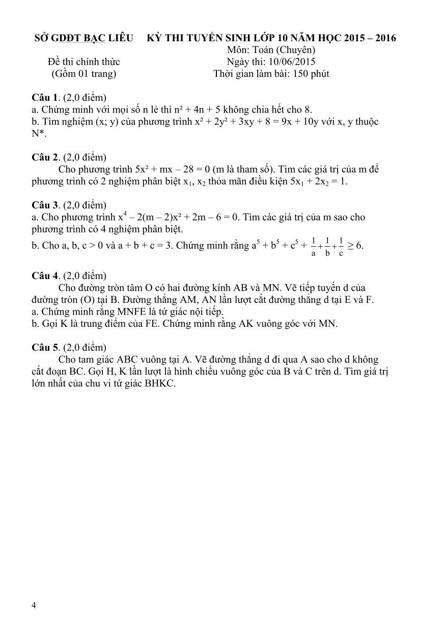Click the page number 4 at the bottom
[x=34, y=605]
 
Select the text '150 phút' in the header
[x=311, y=74]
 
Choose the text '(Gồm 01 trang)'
[x=84, y=74]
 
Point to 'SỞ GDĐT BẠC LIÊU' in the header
[x=84, y=38]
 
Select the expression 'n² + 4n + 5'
[x=187, y=110]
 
